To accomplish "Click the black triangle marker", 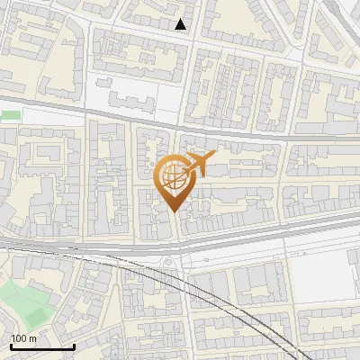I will (181, 24).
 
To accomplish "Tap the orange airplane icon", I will (198, 165).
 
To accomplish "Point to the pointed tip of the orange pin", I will (172, 211).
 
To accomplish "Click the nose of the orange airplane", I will (213, 156).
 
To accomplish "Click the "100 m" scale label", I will (24, 337).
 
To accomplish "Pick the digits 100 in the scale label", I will (20, 337).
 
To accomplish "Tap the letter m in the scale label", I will (33, 337).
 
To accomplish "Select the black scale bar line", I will (41, 346).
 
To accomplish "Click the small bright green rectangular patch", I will (10, 115).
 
